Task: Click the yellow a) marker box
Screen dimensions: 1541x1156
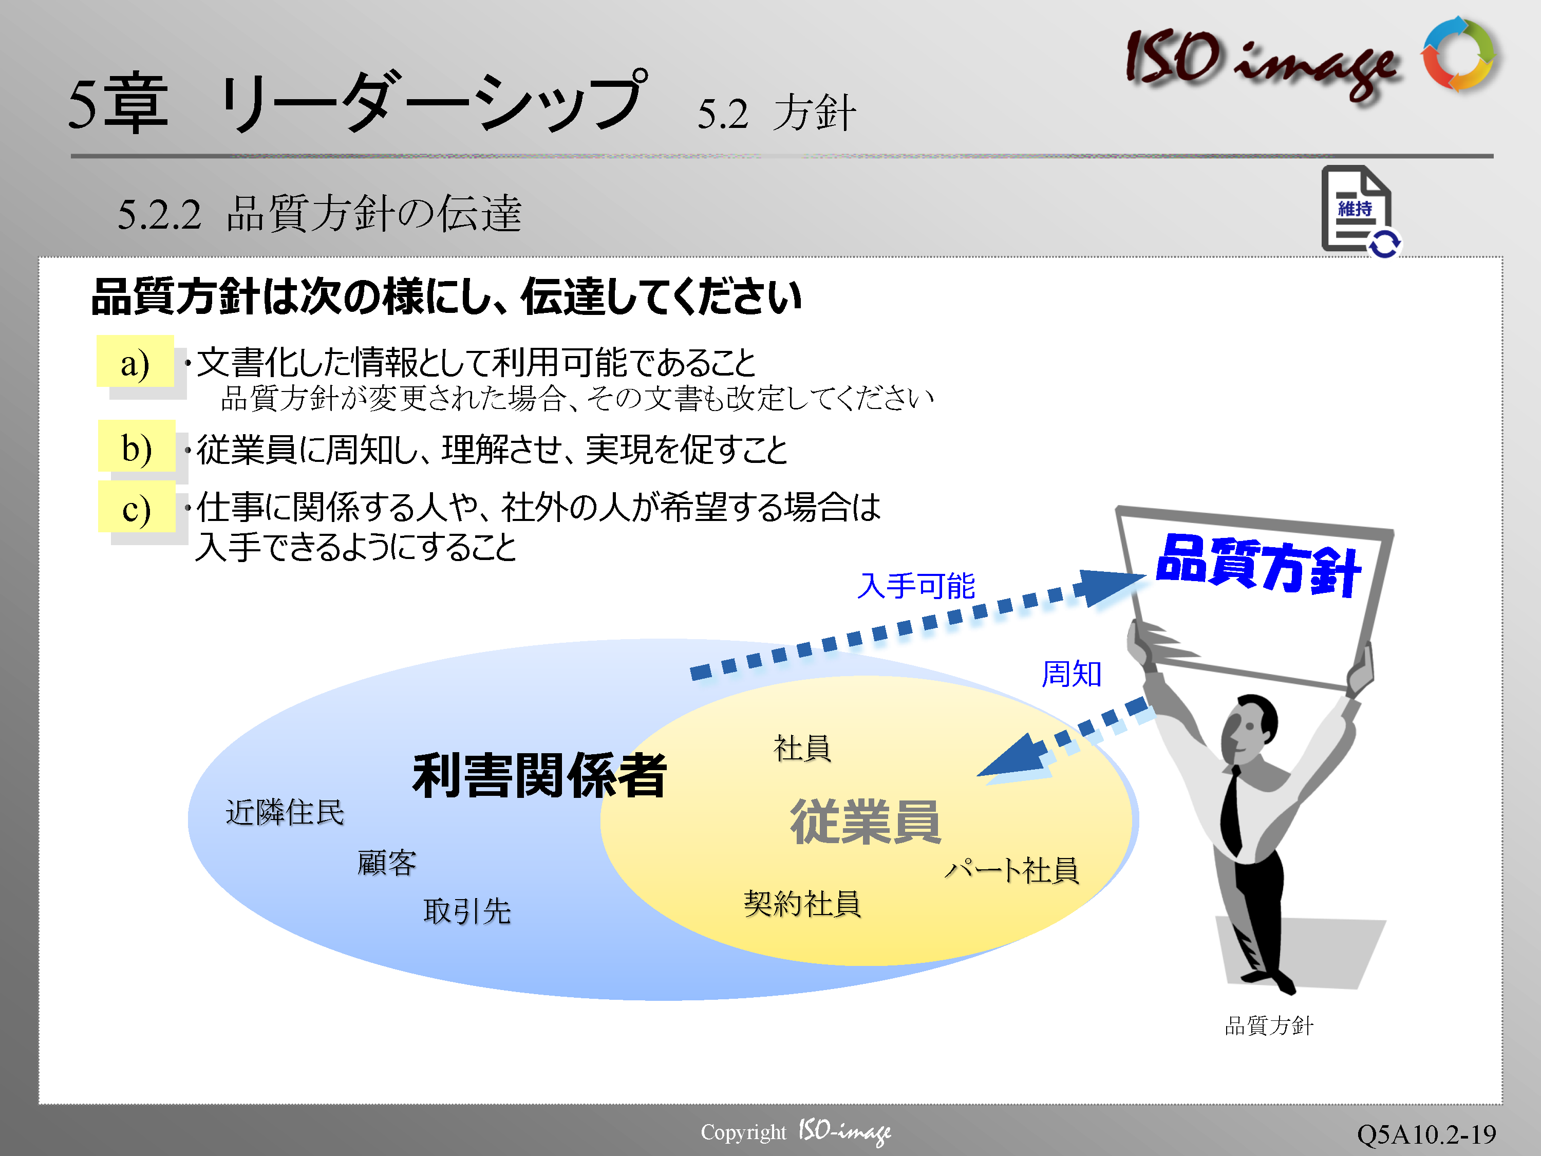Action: (135, 361)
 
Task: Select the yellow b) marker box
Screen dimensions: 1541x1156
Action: (137, 446)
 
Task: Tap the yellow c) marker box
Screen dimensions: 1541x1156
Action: (137, 507)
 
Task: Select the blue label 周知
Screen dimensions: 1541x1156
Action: (1072, 674)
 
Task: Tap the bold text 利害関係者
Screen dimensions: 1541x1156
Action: (540, 775)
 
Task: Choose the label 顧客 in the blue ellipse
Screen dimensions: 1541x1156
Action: (387, 863)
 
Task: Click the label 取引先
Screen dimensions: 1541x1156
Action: (467, 911)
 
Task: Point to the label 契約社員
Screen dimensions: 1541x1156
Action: (802, 904)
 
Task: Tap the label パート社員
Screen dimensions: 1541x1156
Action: (1011, 870)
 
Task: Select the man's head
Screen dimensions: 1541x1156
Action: (1250, 728)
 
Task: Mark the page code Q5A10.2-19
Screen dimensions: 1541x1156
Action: (1426, 1134)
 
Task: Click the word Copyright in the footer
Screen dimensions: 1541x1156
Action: (743, 1132)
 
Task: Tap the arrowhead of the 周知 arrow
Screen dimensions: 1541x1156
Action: (1013, 759)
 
